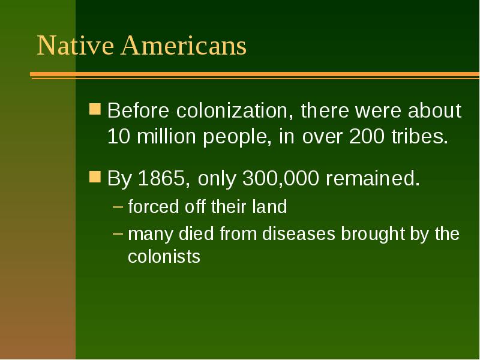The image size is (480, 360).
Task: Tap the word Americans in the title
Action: pyautogui.click(x=184, y=46)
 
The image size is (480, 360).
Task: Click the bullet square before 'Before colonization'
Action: pyautogui.click(x=95, y=110)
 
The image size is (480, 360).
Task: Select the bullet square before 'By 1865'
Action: pyautogui.click(x=95, y=178)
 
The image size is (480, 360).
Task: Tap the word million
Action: pyautogui.click(x=163, y=137)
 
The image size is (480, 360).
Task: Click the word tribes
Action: pyautogui.click(x=420, y=137)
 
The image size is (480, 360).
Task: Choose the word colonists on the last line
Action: pyautogui.click(x=164, y=257)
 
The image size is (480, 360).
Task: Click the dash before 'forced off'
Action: pyautogui.click(x=119, y=208)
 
